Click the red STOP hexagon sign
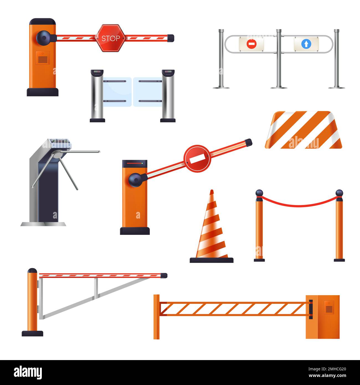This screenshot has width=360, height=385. (x=110, y=38)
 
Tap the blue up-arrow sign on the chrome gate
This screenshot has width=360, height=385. (x=306, y=44)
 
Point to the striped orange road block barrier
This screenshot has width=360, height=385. (x=304, y=130)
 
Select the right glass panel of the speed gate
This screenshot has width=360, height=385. (x=147, y=91)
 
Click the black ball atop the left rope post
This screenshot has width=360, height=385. (x=259, y=193)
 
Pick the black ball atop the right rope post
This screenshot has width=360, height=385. (x=339, y=193)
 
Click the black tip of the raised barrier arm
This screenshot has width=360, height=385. (x=248, y=142)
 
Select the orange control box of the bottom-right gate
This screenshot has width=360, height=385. (x=323, y=317)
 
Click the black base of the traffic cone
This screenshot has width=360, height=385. (x=212, y=260)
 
